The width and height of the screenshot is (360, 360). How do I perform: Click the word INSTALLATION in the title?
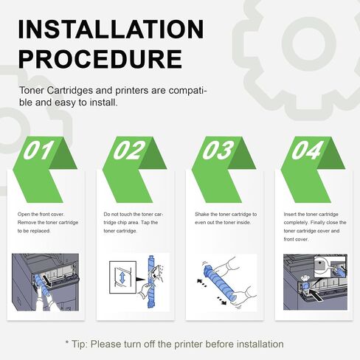click(x=111, y=29)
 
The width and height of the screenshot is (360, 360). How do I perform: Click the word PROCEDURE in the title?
click(x=100, y=59)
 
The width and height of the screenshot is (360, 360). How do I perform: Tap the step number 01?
click(x=38, y=150)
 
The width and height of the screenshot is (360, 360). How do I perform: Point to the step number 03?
click(x=218, y=150)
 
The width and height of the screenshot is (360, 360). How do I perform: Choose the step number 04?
click(x=307, y=150)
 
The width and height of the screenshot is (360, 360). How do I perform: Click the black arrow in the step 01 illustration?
click(x=47, y=281)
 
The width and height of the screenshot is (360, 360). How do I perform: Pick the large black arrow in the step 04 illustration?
click(x=316, y=295)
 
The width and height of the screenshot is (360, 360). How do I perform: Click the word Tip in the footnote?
click(x=79, y=344)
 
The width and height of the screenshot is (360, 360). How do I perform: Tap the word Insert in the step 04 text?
click(x=290, y=215)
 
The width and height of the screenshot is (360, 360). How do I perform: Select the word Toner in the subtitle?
click(x=32, y=91)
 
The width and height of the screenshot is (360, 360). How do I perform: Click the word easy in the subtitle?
click(x=65, y=103)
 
